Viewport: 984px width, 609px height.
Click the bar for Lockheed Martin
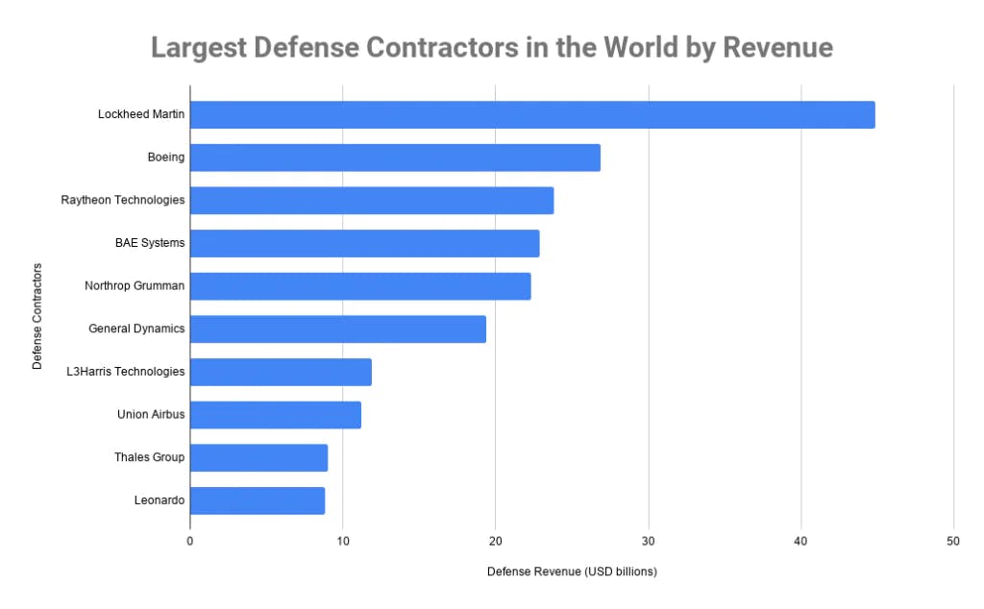pyautogui.click(x=532, y=115)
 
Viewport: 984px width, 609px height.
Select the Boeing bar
pyautogui.click(x=395, y=158)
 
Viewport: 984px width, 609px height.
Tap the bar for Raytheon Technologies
pyautogui.click(x=372, y=201)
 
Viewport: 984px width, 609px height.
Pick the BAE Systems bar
pyautogui.click(x=364, y=243)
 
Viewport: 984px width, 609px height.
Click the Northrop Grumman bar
pyautogui.click(x=360, y=286)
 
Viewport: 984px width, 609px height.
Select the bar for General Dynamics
pyautogui.click(x=338, y=329)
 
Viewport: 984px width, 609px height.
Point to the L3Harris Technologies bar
pyautogui.click(x=281, y=372)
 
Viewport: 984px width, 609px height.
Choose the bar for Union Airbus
pyautogui.click(x=276, y=415)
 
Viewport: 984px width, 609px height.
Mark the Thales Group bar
pyautogui.click(x=258, y=457)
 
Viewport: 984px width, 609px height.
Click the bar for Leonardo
pyautogui.click(x=258, y=500)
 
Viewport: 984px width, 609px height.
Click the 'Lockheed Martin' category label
pyautogui.click(x=141, y=115)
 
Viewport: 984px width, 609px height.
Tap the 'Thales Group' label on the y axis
pyautogui.click(x=149, y=457)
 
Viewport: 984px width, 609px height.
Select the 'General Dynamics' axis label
pyautogui.click(x=136, y=329)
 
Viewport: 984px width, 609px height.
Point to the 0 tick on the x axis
pyautogui.click(x=190, y=540)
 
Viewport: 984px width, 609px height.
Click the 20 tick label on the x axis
pyautogui.click(x=496, y=540)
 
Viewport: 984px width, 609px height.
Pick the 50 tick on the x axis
pyautogui.click(x=953, y=540)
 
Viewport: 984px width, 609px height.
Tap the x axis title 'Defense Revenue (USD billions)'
pyautogui.click(x=571, y=572)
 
